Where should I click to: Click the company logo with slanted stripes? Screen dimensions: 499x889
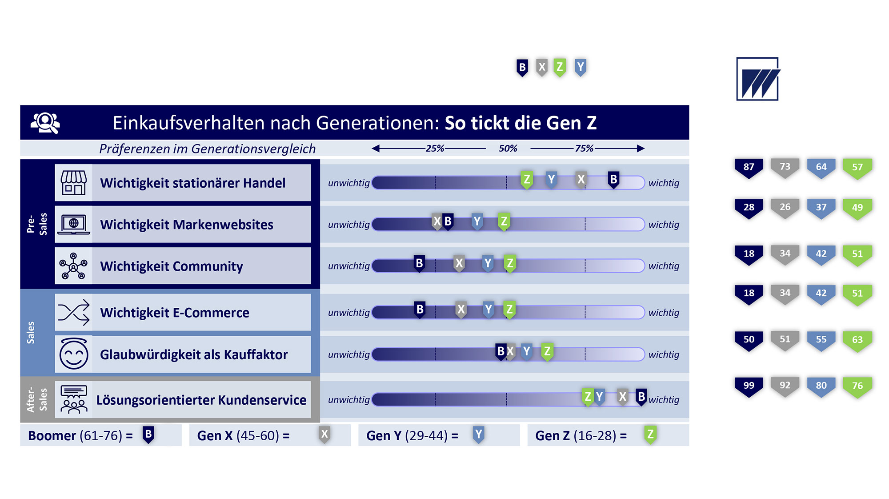click(758, 79)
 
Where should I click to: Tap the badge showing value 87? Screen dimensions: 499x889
click(749, 168)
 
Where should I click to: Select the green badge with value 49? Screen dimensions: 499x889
click(857, 208)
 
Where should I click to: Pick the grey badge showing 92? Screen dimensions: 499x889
click(785, 386)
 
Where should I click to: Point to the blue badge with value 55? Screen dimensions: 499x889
click(821, 340)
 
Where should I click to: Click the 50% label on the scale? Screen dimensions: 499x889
click(508, 149)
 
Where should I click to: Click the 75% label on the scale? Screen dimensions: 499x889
click(584, 149)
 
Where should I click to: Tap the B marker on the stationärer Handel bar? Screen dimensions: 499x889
click(613, 180)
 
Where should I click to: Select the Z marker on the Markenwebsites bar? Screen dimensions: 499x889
click(504, 222)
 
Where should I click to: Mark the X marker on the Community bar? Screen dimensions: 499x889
click(459, 264)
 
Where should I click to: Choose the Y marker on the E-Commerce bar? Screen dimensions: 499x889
click(489, 310)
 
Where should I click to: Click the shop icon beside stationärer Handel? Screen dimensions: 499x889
click(74, 183)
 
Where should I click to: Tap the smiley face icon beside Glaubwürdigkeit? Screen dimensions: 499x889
click(74, 354)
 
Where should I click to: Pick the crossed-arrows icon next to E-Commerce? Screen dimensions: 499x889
click(74, 313)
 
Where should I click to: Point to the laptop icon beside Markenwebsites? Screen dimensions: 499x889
click(74, 225)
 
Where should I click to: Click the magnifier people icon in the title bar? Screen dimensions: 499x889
click(45, 123)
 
